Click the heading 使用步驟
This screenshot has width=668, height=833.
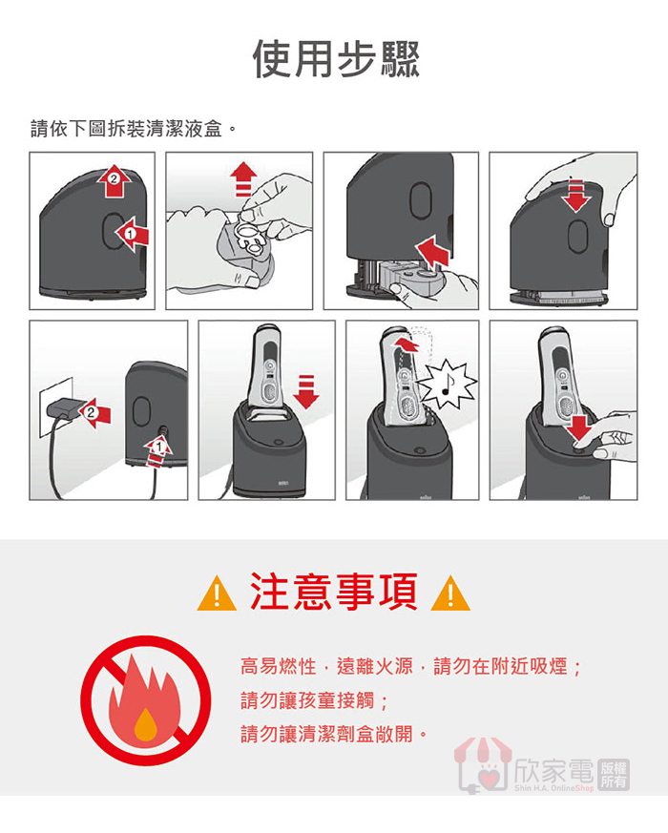click(x=336, y=58)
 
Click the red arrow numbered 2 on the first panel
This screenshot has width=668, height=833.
click(x=114, y=181)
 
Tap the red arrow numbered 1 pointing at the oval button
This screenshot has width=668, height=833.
click(x=132, y=234)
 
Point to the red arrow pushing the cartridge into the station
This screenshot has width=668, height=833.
click(x=434, y=251)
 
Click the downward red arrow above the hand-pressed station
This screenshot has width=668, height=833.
click(x=576, y=195)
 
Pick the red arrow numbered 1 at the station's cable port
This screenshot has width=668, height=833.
click(x=158, y=451)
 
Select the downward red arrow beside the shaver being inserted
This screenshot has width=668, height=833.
click(x=306, y=391)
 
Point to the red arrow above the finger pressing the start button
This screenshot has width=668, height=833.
click(x=580, y=428)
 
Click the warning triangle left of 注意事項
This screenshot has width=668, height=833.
click(x=217, y=594)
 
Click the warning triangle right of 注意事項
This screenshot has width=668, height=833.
click(x=450, y=594)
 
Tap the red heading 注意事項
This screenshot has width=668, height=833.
click(x=334, y=592)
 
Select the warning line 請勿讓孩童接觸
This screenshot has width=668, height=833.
click(x=314, y=700)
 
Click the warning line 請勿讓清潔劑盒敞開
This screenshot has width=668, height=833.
click(x=333, y=734)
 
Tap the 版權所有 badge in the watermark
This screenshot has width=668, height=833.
click(x=614, y=775)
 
